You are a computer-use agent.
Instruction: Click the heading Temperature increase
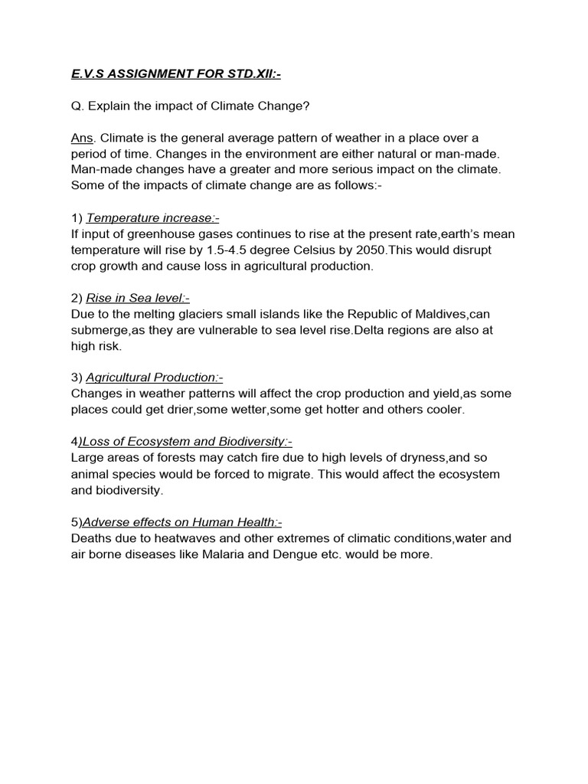pos(152,218)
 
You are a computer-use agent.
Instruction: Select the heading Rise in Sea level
pos(138,298)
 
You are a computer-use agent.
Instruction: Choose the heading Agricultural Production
pos(154,377)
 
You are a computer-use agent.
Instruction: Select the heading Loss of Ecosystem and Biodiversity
pos(187,442)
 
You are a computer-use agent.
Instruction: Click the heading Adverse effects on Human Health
pos(181,522)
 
